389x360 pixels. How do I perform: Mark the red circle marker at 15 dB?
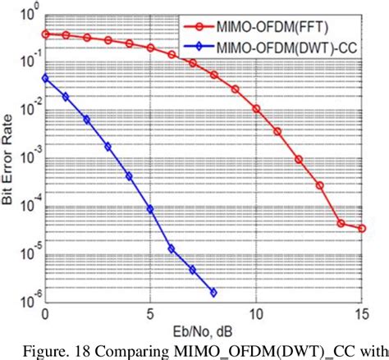tap(362, 228)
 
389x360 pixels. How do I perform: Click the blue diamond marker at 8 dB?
tap(213, 292)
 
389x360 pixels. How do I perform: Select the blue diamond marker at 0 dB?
tap(45, 78)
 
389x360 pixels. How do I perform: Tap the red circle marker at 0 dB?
tap(45, 34)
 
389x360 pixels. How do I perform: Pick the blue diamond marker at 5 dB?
tap(150, 209)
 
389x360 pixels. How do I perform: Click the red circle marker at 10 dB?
tap(256, 108)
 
